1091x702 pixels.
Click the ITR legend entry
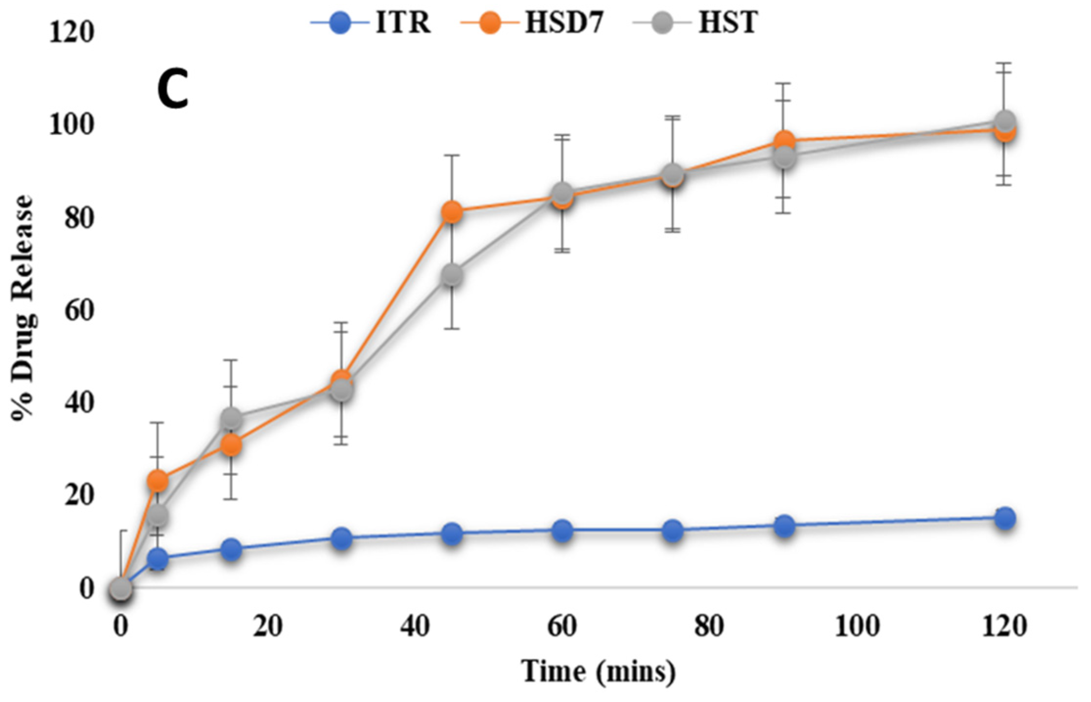coord(371,23)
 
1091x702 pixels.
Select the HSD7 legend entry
coord(533,23)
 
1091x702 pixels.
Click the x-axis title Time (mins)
coord(598,671)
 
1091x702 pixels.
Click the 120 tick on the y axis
coord(71,33)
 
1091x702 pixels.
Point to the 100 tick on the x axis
coord(857,626)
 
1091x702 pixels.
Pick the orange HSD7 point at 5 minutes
coord(157,481)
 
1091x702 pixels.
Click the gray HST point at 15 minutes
coord(231,419)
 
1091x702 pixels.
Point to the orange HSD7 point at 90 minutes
coord(784,140)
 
